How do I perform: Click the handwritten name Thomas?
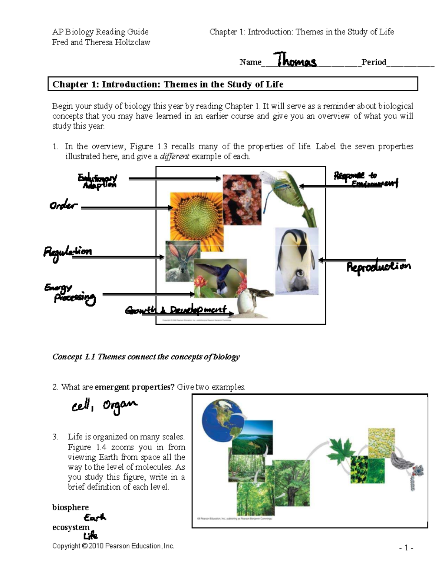pyautogui.click(x=295, y=60)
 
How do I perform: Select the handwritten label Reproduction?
pyautogui.click(x=378, y=267)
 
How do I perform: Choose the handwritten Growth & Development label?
pyautogui.click(x=176, y=310)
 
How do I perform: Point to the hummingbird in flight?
pyautogui.click(x=219, y=276)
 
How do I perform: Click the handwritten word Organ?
pyautogui.click(x=119, y=405)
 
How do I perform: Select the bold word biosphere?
pyautogui.click(x=70, y=507)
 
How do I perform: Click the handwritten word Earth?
pyautogui.click(x=95, y=517)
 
